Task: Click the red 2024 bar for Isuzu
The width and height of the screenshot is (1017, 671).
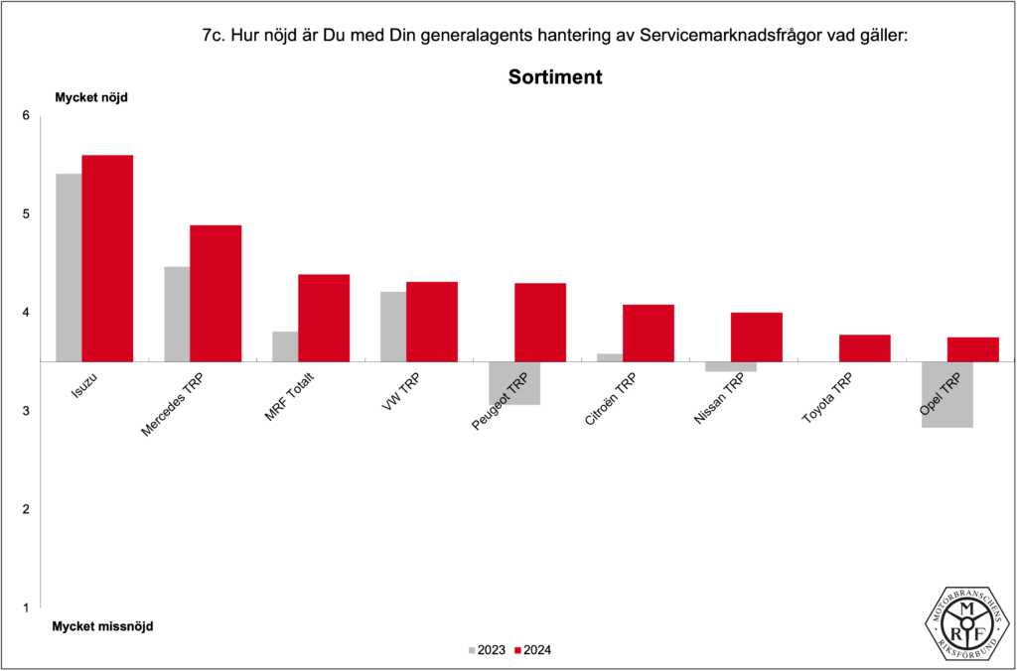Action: coord(107,258)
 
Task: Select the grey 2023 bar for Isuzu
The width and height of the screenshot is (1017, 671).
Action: coord(69,267)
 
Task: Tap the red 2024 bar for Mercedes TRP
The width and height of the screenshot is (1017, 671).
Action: coord(216,293)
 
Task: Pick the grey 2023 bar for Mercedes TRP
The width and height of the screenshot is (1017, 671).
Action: coord(177,314)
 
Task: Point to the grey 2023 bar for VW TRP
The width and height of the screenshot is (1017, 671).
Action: coord(393,327)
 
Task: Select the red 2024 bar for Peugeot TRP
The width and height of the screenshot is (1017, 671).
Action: coord(540,322)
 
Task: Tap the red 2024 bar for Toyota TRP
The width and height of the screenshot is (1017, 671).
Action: coord(865,348)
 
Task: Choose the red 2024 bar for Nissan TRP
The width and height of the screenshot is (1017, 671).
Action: coord(757,336)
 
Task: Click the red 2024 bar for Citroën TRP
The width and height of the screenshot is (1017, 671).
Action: coord(649,333)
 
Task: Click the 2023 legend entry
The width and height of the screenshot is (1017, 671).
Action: coord(486,650)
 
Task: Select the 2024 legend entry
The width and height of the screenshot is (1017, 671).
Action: coord(532,650)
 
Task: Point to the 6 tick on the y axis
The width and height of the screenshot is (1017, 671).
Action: coord(27,116)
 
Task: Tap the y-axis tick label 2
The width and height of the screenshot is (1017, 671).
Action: coord(27,509)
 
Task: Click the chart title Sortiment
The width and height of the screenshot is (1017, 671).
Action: coord(555,76)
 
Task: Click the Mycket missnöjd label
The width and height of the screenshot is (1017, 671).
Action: coord(103,626)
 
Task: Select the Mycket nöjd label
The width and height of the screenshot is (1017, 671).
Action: coord(91,97)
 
